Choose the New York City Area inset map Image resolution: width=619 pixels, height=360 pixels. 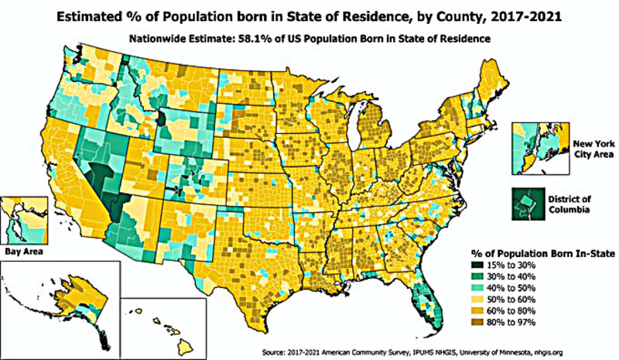(x=539, y=149)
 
